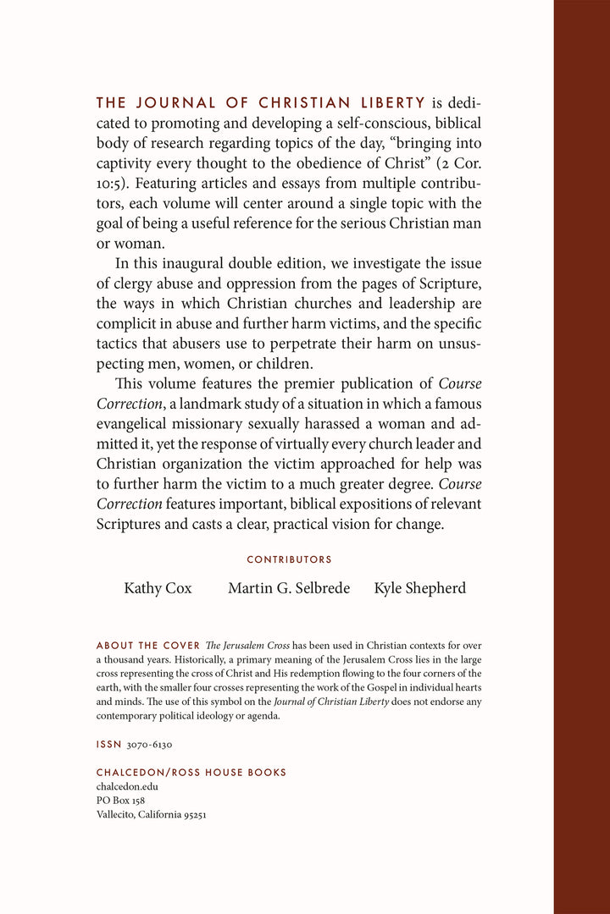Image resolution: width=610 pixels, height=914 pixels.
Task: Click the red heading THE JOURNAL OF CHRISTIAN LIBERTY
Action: point(261,103)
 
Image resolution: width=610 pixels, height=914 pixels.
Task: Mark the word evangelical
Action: point(136,422)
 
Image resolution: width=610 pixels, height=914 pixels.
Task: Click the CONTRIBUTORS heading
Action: point(289,559)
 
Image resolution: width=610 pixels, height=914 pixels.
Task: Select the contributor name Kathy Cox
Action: point(158,588)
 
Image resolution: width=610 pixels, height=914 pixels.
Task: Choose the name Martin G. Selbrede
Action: point(289,588)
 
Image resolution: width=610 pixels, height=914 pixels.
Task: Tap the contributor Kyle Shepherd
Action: point(420,588)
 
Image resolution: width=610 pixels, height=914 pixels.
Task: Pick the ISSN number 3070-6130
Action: point(150,745)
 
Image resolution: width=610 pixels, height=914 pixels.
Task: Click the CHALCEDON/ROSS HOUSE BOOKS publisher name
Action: point(191,773)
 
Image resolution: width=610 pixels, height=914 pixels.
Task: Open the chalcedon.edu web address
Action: point(127,786)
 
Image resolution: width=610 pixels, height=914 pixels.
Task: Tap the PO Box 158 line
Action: point(120,801)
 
